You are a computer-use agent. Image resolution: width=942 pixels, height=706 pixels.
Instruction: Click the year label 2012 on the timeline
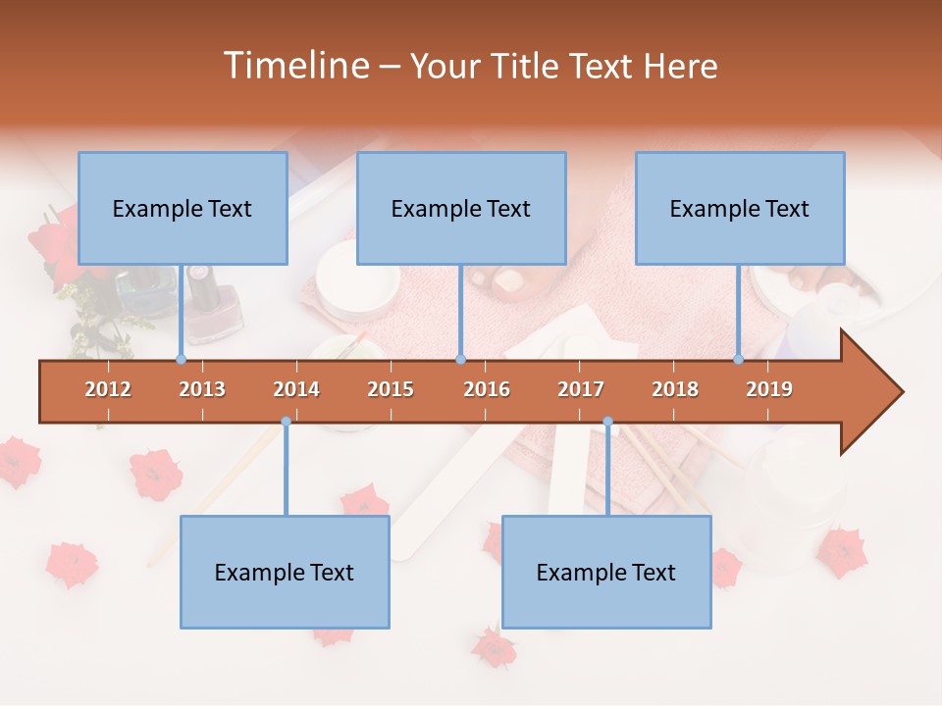tap(108, 389)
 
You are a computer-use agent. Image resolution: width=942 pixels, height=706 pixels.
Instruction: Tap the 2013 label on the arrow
tap(202, 389)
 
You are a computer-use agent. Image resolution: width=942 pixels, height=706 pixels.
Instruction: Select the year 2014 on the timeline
tap(296, 389)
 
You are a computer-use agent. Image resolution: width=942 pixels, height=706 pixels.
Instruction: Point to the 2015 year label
tap(391, 389)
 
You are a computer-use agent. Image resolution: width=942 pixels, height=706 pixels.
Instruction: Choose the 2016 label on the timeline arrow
tap(487, 389)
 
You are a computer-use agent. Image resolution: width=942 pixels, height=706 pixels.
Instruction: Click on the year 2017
tap(581, 389)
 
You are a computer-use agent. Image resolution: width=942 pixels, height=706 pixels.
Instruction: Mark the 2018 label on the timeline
tap(675, 389)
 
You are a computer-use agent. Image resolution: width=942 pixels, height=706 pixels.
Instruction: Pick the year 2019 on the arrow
tap(769, 389)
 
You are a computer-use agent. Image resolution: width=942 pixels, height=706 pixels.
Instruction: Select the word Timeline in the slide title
tap(294, 66)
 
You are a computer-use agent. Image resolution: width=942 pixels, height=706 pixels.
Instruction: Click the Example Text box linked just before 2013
tap(183, 208)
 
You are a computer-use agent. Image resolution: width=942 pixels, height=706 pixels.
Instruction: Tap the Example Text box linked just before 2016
tap(461, 208)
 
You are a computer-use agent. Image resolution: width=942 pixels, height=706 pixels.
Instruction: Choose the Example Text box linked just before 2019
tap(740, 208)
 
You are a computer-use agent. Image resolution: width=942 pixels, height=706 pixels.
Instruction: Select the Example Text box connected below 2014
tap(285, 572)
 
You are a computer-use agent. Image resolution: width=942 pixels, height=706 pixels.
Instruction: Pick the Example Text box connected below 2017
tap(606, 572)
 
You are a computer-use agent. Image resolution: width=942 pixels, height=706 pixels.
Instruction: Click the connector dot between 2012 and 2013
tap(181, 359)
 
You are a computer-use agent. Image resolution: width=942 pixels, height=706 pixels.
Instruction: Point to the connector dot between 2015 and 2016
tap(460, 359)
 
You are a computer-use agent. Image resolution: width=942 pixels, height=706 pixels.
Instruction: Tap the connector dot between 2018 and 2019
tap(739, 359)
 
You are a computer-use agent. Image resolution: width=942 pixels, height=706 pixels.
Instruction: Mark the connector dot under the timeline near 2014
tap(286, 422)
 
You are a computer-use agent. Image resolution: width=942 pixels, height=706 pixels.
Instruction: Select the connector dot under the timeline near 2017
tap(607, 422)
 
